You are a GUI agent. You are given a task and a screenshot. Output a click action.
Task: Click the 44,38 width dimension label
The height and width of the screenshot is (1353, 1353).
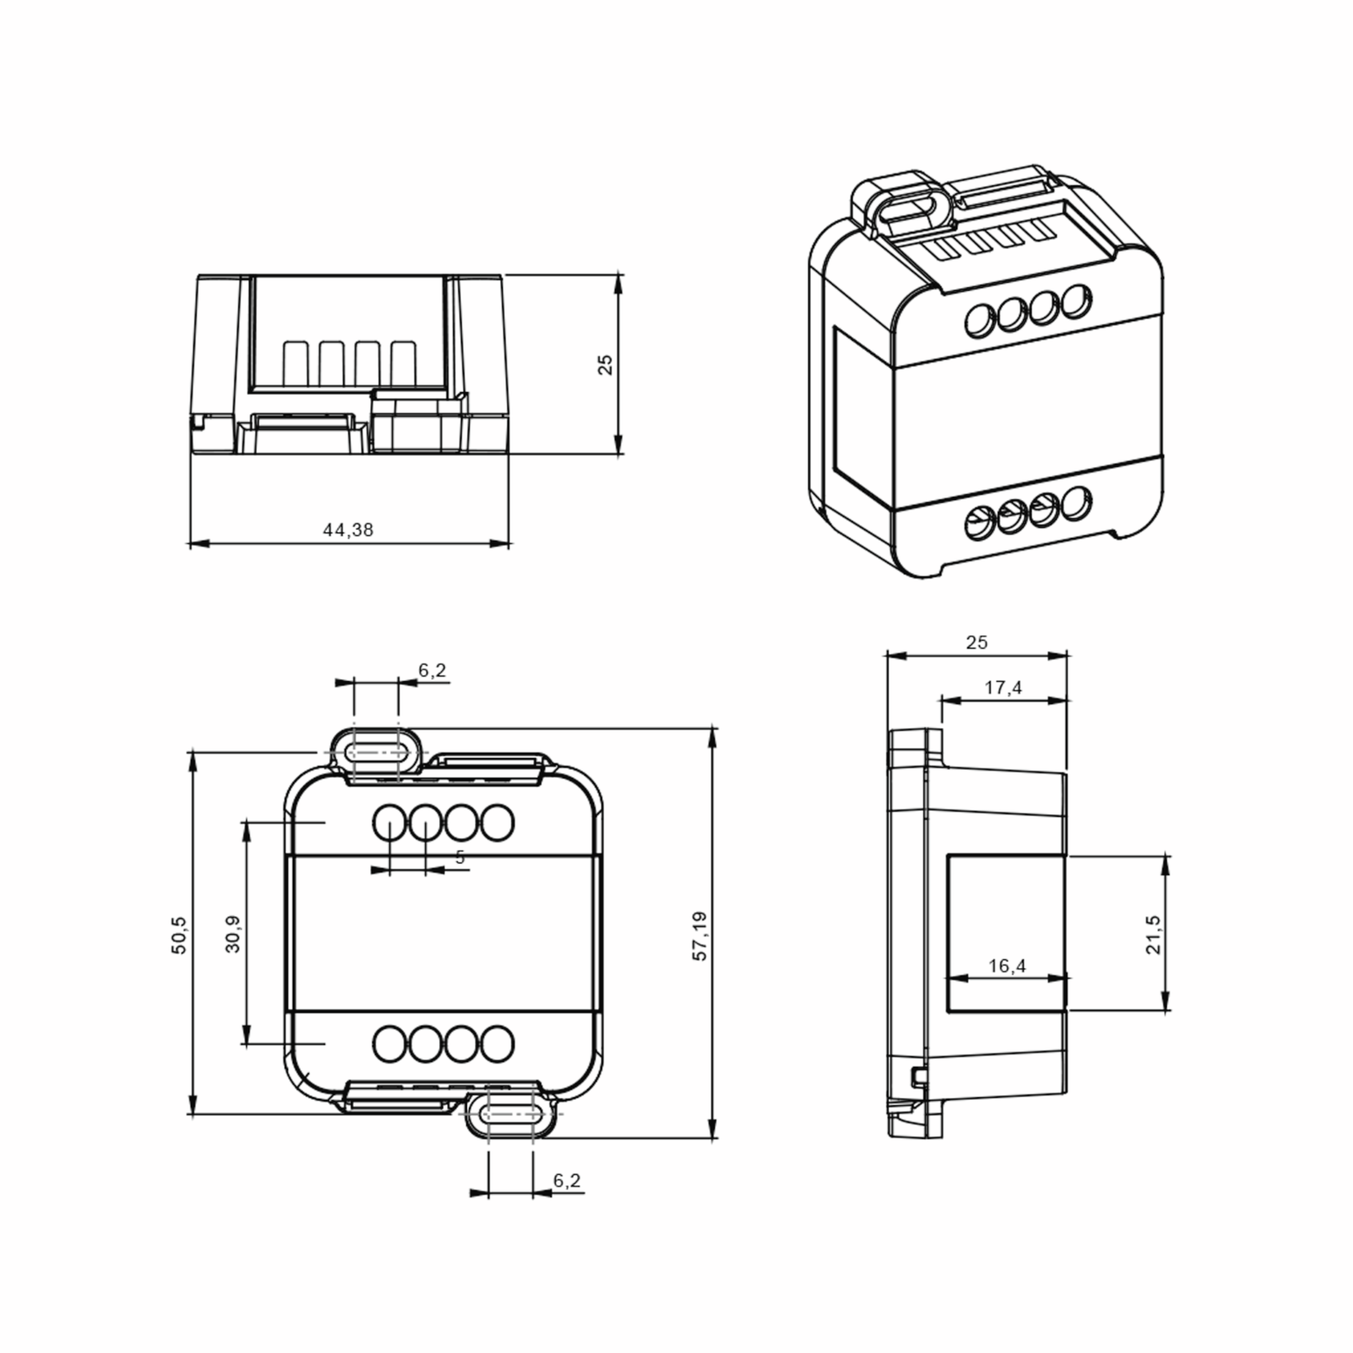tap(348, 530)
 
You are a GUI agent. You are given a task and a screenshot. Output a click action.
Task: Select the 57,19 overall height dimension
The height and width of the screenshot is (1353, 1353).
tap(700, 936)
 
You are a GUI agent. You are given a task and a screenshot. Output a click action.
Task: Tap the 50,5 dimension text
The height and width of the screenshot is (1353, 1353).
tap(179, 935)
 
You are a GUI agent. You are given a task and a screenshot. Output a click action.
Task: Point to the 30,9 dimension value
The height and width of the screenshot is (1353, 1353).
tap(233, 934)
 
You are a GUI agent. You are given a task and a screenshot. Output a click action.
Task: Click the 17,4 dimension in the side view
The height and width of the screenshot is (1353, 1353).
tap(1003, 688)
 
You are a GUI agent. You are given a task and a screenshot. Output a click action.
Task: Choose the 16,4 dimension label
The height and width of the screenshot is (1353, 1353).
tap(1007, 966)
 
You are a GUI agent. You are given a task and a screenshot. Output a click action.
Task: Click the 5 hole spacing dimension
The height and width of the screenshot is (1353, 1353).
tap(460, 857)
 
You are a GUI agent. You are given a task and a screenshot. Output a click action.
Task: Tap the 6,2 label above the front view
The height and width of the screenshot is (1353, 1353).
tap(432, 671)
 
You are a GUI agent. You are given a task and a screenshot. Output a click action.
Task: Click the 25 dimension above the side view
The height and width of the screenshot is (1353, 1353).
tap(976, 642)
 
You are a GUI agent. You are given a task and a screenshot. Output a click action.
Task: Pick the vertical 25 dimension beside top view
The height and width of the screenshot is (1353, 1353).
tap(605, 365)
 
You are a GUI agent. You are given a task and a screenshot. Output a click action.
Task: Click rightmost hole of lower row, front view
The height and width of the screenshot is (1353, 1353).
tap(498, 1044)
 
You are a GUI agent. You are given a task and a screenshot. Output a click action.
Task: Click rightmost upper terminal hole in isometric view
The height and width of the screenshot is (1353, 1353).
tap(1076, 300)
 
